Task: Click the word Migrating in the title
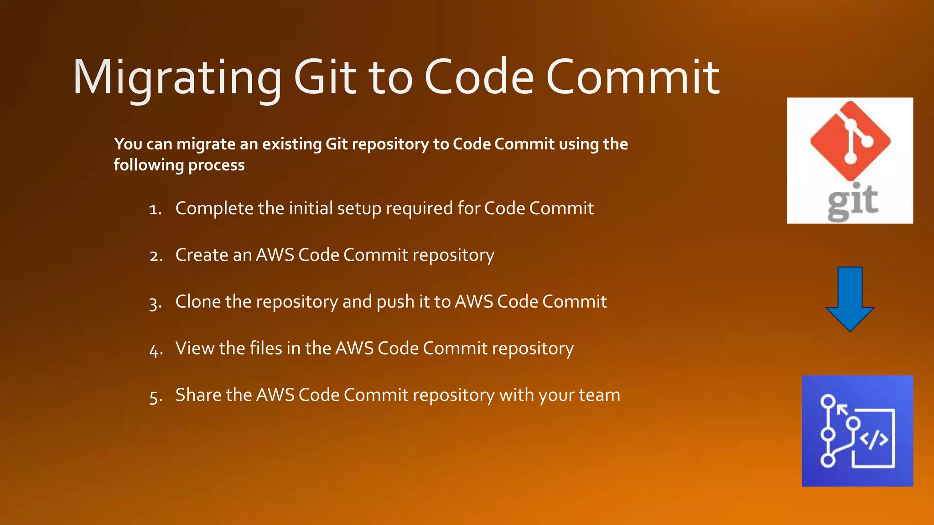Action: pyautogui.click(x=177, y=77)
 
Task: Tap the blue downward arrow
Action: pyautogui.click(x=850, y=299)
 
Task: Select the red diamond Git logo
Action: pyautogui.click(x=850, y=139)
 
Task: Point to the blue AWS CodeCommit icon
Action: pyautogui.click(x=857, y=431)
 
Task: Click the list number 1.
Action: pyautogui.click(x=155, y=209)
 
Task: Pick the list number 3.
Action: pyautogui.click(x=155, y=303)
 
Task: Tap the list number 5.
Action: pyautogui.click(x=155, y=396)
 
